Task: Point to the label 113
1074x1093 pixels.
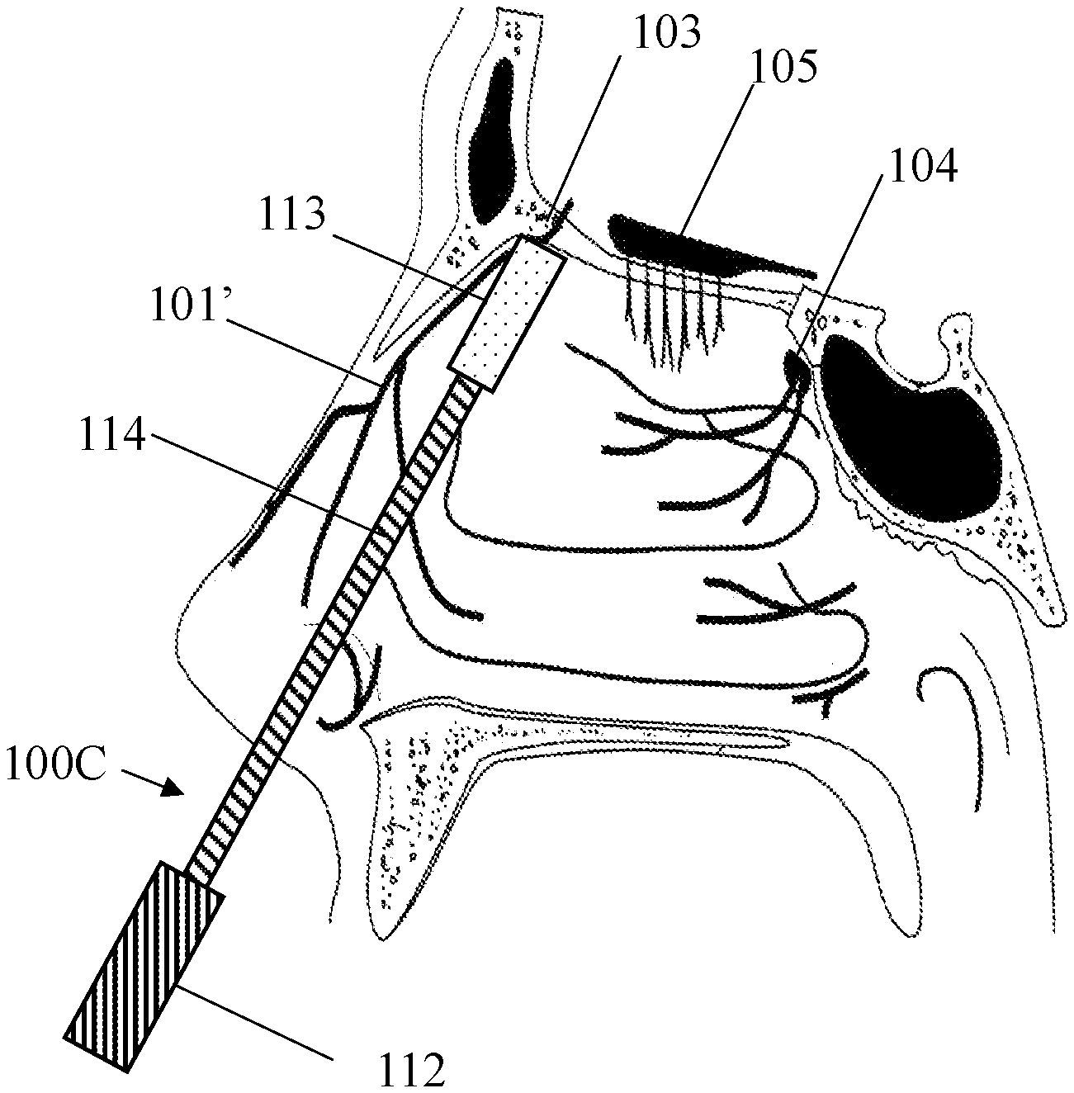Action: (x=294, y=217)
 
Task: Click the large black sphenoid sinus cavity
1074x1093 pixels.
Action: (x=912, y=421)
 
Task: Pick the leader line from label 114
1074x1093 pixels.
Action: (x=264, y=483)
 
